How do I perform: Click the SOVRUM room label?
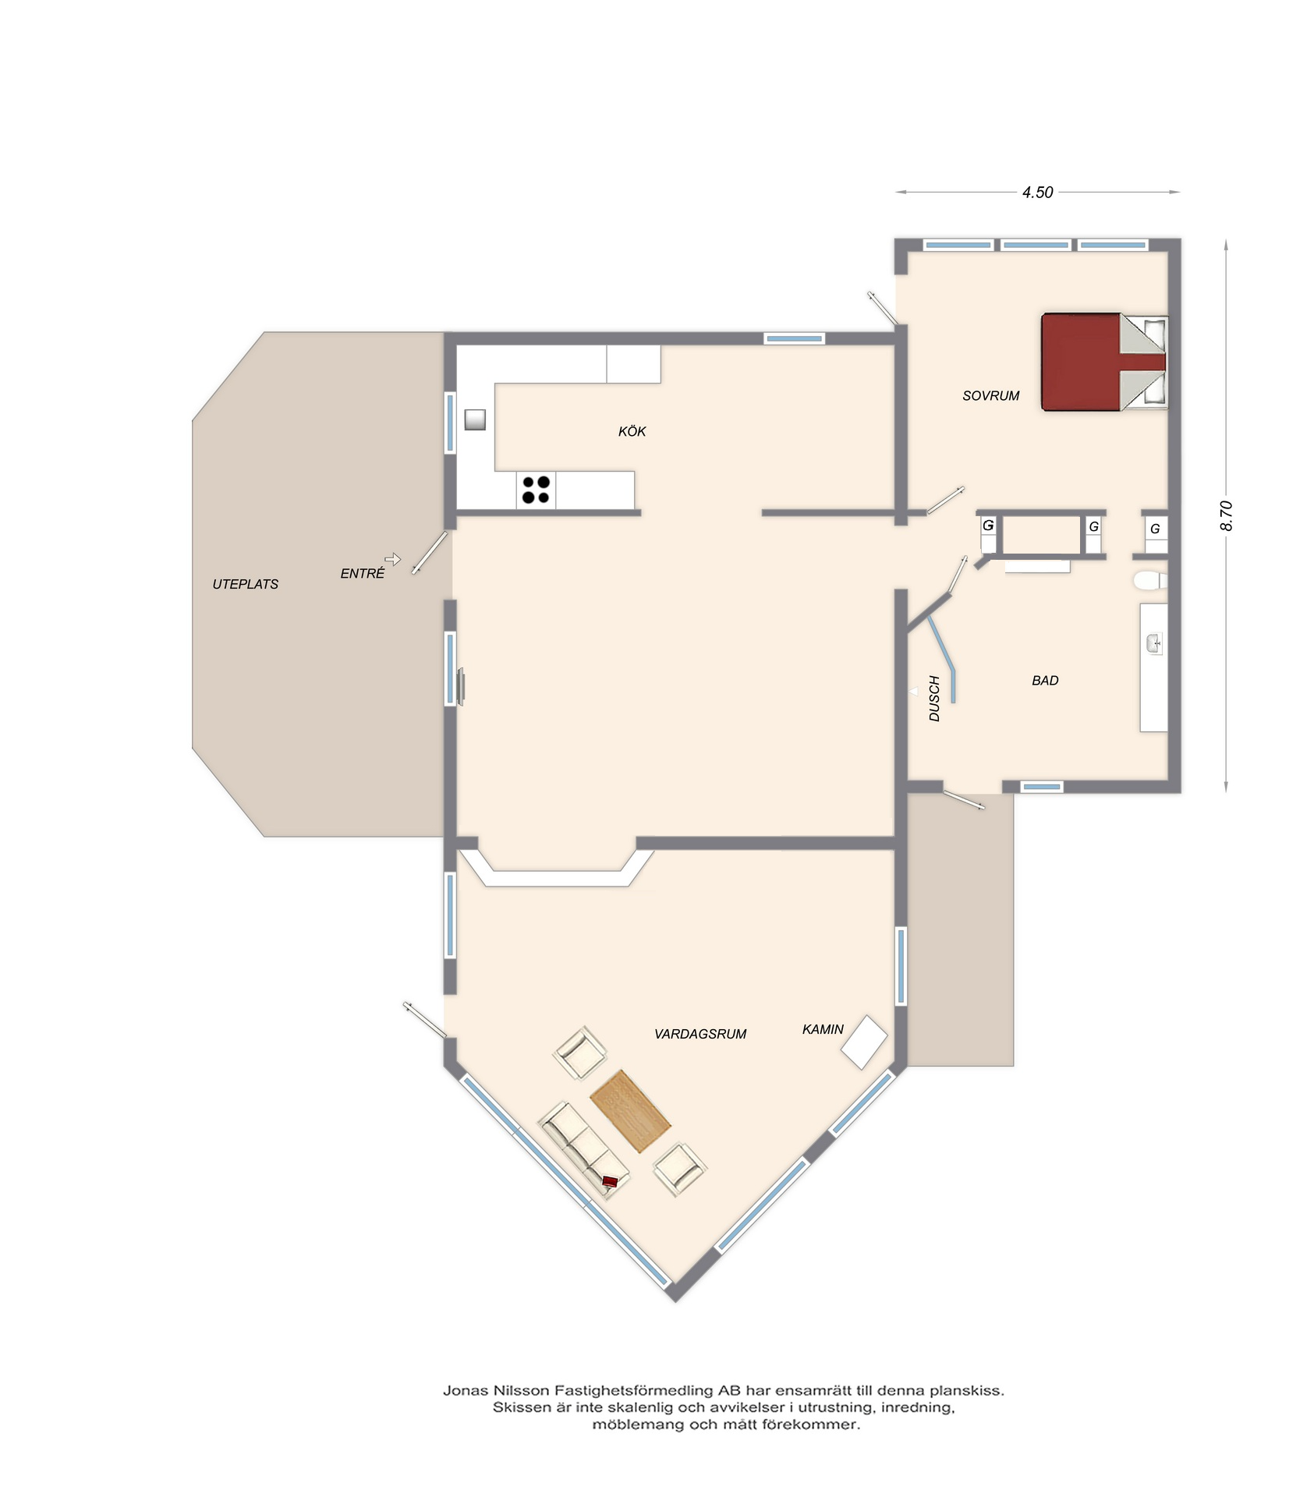point(990,395)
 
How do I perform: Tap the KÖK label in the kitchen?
point(632,431)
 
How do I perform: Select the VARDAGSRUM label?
point(700,1034)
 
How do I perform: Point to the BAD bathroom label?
point(1045,681)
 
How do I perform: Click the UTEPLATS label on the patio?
point(246,584)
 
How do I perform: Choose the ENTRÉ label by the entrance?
point(363,573)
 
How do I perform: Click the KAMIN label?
point(823,1029)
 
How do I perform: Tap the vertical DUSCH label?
point(934,699)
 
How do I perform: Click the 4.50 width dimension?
point(1038,192)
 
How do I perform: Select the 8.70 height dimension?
point(1226,515)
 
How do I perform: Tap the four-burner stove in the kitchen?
point(536,490)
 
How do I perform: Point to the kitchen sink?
point(475,419)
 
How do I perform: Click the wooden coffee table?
point(630,1111)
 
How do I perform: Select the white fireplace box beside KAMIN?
point(864,1042)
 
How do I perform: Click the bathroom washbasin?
point(1154,643)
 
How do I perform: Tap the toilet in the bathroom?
point(1150,580)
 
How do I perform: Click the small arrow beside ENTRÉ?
point(393,559)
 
